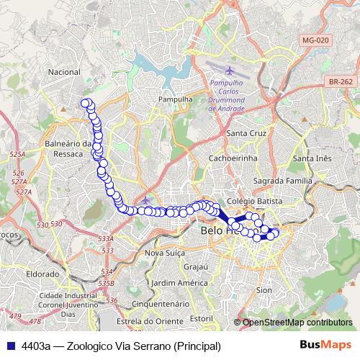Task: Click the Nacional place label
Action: click(x=63, y=73)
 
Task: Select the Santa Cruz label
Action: click(x=246, y=134)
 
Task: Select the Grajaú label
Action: click(x=195, y=266)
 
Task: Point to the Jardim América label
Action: click(x=180, y=282)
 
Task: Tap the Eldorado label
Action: click(x=42, y=274)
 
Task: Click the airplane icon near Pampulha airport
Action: click(x=230, y=71)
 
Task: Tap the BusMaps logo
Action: click(x=325, y=346)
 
